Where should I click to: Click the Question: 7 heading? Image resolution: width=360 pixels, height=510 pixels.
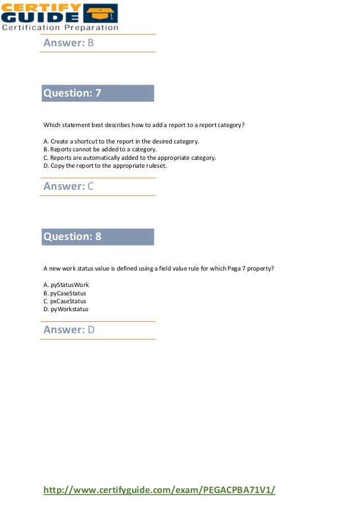tap(72, 93)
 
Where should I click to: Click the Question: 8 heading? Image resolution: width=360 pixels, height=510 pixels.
tap(72, 237)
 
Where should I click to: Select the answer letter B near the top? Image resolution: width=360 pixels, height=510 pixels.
tap(90, 43)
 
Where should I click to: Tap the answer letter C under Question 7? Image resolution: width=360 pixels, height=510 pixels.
tap(90, 186)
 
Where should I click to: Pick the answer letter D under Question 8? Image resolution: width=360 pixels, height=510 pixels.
tap(90, 330)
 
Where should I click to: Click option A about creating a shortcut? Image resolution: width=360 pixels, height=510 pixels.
tap(121, 141)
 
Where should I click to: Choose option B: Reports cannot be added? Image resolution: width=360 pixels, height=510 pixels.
tap(100, 150)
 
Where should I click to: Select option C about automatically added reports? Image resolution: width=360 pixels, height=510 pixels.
tap(129, 158)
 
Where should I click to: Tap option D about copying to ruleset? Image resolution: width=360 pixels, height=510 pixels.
tap(105, 166)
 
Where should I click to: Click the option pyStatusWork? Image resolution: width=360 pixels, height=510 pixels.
tap(66, 285)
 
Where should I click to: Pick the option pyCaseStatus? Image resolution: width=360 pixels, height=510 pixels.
tap(65, 293)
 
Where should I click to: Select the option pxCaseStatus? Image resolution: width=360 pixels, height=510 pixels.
tap(65, 301)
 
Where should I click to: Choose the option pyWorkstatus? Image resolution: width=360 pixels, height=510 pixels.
tap(65, 309)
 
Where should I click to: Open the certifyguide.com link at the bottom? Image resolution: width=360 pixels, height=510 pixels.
tap(160, 490)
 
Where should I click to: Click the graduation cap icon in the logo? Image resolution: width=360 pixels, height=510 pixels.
tap(100, 12)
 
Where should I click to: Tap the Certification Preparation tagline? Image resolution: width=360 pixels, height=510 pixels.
tap(60, 27)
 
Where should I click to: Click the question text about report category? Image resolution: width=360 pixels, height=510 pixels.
tap(144, 125)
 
